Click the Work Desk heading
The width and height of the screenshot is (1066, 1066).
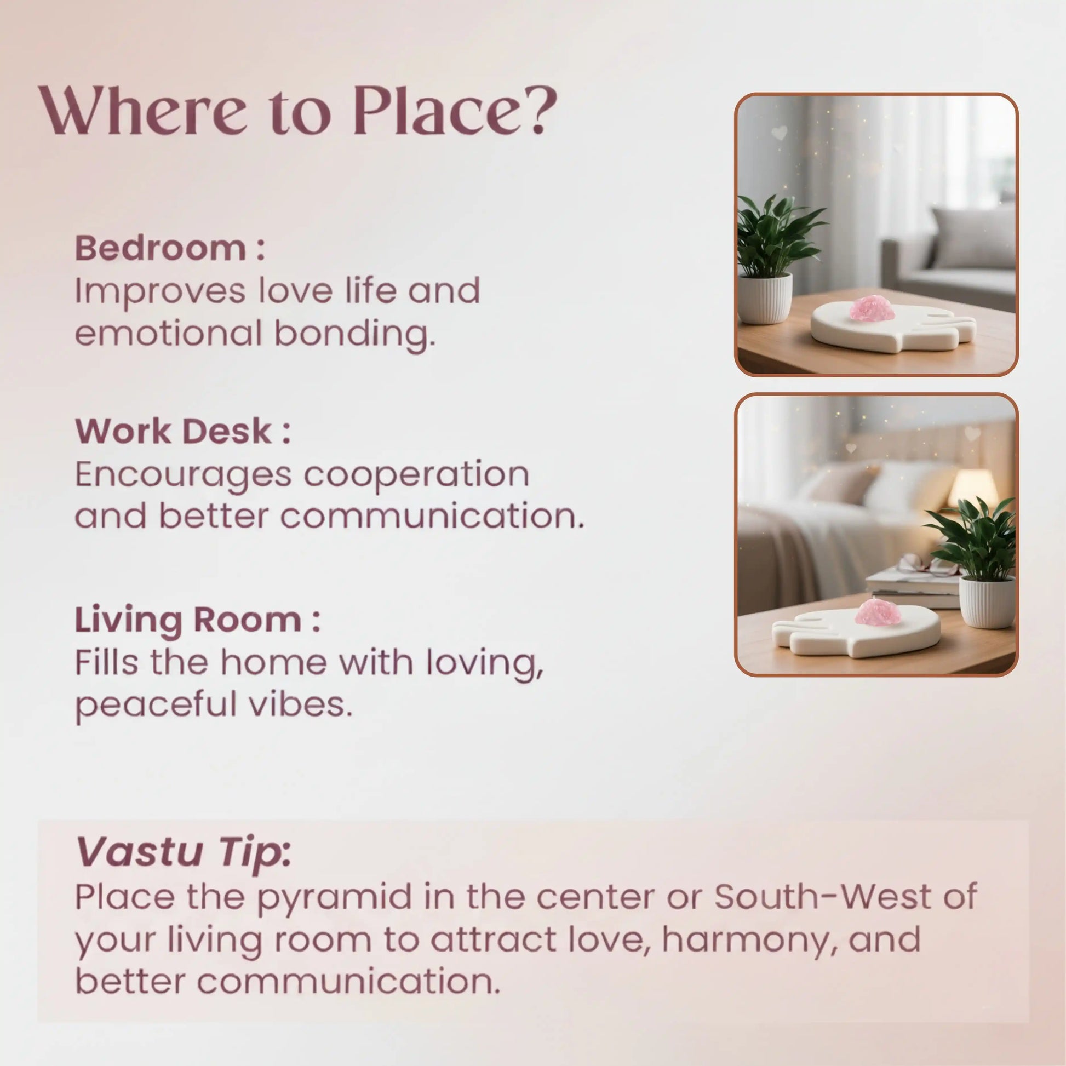[182, 431]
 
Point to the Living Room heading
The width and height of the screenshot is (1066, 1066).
[198, 620]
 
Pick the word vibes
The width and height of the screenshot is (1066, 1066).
[300, 704]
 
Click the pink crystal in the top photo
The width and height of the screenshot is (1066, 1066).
[871, 308]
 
